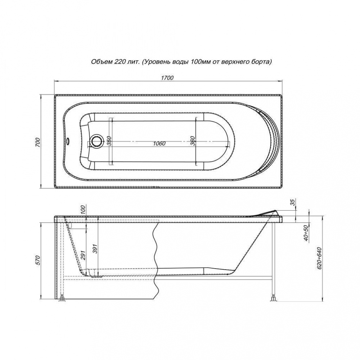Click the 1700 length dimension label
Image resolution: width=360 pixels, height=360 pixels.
(x=167, y=78)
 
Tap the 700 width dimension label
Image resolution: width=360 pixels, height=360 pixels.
(x=38, y=142)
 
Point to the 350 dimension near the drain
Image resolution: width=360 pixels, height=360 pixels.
(x=109, y=140)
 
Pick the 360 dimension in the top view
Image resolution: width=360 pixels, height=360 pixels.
(x=192, y=140)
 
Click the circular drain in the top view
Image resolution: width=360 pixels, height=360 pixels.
(x=96, y=141)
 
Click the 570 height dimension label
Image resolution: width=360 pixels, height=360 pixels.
(x=38, y=260)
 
